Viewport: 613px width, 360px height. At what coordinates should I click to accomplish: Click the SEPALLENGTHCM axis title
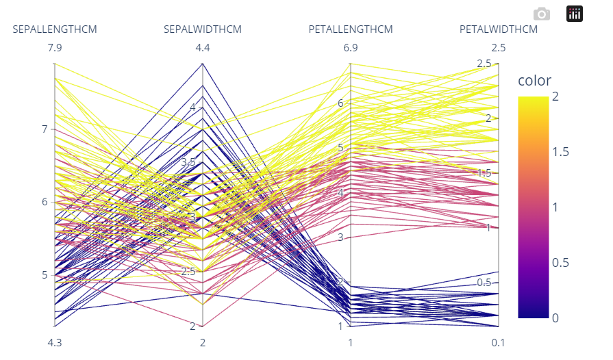point(55,29)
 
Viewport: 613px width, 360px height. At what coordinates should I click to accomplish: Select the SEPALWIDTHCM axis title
point(203,29)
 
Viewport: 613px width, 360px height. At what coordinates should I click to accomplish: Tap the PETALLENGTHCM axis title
point(351,29)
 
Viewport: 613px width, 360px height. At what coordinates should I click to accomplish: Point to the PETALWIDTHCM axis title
point(499,29)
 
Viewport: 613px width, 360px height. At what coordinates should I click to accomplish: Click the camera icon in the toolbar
point(542,14)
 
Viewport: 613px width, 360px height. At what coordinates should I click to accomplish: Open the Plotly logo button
point(574,14)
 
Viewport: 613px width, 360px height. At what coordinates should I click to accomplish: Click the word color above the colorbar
point(534,81)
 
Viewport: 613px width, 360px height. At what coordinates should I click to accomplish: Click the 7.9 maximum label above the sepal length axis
point(55,48)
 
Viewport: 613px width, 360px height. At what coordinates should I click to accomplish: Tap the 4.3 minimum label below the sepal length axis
point(55,343)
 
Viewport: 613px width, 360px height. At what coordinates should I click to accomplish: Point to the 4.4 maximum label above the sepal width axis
point(203,48)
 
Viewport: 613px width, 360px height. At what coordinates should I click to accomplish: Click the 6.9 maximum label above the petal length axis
point(351,48)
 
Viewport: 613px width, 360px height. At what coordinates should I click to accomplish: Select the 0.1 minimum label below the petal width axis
point(499,343)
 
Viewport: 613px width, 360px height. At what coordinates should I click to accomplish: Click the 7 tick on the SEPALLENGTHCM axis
point(45,129)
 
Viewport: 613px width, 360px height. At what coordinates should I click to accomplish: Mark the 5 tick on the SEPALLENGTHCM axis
point(45,275)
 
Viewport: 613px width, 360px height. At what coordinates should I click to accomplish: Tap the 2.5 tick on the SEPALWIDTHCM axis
point(189,272)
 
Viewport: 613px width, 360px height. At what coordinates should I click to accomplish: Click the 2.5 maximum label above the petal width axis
point(499,48)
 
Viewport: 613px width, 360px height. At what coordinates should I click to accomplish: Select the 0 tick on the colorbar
point(555,318)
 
